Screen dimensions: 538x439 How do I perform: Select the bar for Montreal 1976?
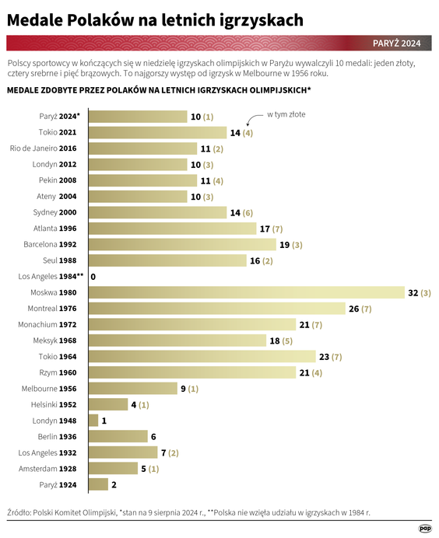tap(217, 309)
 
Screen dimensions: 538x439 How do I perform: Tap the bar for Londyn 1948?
tap(93, 421)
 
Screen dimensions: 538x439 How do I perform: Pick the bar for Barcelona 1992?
tap(182, 244)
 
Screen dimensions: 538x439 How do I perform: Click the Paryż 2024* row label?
tap(59, 117)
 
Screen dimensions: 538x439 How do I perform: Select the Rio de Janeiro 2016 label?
tap(43, 148)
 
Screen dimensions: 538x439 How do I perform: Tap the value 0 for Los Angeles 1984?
tap(93, 276)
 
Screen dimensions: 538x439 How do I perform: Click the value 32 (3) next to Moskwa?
tap(420, 292)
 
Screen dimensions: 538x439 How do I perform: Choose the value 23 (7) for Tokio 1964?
tap(331, 357)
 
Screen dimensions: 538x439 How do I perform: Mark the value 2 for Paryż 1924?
tap(114, 484)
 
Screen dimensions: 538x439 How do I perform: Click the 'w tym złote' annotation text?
tap(286, 114)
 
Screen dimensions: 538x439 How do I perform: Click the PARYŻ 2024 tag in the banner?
tap(396, 43)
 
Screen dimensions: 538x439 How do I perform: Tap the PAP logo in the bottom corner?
tap(426, 528)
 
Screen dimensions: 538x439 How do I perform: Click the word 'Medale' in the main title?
tap(35, 19)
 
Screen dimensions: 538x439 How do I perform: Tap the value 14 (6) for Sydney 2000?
tap(241, 212)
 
